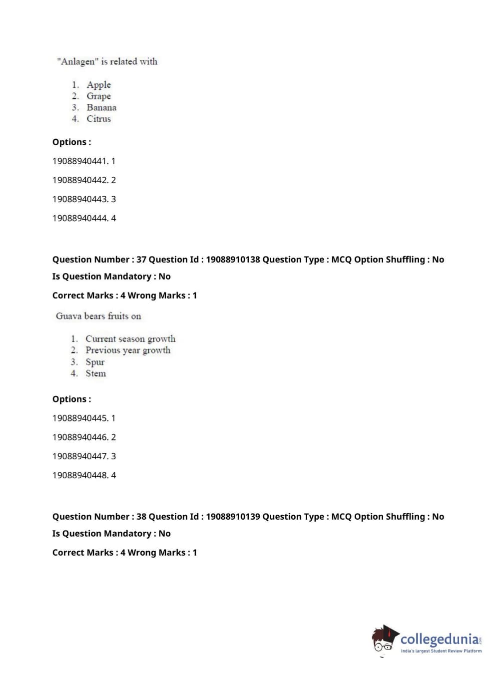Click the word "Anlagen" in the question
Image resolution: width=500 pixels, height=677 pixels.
pos(77,61)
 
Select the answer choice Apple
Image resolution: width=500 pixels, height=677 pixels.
pos(98,85)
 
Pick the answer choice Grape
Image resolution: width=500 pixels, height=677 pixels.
pos(98,96)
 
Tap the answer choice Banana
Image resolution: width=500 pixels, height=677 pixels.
pos(101,107)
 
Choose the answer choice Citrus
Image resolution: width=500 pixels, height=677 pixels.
pos(98,119)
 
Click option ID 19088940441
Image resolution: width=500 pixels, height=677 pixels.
pos(80,161)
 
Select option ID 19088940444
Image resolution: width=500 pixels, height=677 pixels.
pos(80,218)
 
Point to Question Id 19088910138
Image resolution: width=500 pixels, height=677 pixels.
pos(233,260)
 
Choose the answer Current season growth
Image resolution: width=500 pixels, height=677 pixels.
pos(130,339)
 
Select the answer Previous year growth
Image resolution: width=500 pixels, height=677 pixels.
pos(128,350)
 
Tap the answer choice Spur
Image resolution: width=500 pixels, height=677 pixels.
pos(95,362)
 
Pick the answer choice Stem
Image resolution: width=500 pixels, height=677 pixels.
pos(95,373)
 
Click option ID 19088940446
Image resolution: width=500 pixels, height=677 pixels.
pos(80,437)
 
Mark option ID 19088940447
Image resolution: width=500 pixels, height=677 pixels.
pos(80,456)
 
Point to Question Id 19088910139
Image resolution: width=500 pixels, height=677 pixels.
pos(233,517)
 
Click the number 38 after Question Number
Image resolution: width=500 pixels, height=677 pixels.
pos(141,517)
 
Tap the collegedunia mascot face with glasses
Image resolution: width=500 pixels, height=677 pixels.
pos(383,642)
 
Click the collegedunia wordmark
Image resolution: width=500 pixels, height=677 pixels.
pos(440,639)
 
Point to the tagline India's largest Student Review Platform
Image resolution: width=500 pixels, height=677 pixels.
pos(441,651)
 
